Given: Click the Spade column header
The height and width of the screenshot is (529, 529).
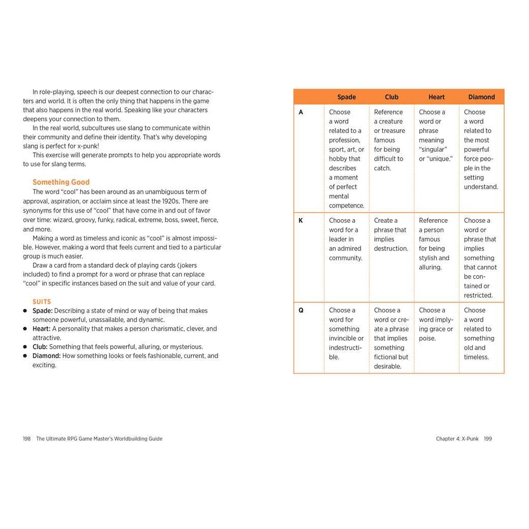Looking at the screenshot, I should pos(346,97).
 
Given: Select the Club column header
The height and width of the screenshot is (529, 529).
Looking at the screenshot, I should pos(392,97).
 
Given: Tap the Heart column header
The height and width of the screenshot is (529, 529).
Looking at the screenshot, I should pos(436,97).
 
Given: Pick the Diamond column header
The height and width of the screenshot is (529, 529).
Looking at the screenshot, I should pos(481,97).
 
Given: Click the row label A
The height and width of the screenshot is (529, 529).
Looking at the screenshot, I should pos(301,112).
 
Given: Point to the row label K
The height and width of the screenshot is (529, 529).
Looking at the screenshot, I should pos(301,221).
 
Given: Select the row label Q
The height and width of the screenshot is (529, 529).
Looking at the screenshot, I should pos(301,310).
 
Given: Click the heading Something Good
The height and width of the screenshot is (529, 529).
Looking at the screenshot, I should pos(61,182).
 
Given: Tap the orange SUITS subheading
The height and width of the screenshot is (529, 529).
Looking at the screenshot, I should pos(42,302).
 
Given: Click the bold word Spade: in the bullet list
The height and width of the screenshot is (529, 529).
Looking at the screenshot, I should pos(43,311).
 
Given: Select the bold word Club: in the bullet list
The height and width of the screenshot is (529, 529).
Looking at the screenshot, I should pos(40,347).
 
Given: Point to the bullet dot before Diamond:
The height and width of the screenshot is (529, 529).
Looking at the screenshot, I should pos(25,356).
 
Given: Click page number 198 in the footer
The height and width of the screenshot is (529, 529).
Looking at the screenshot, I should pos(27,439).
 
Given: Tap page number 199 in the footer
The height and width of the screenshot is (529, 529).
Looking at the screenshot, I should pos(487,439).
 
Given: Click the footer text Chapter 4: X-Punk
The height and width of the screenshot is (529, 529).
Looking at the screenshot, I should pos(457,439).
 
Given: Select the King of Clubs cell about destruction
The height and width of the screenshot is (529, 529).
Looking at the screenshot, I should pos(391,234).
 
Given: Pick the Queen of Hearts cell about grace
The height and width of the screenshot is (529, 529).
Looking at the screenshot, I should pos(436,324).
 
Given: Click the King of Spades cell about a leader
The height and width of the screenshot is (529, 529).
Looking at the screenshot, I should pos(345,239).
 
